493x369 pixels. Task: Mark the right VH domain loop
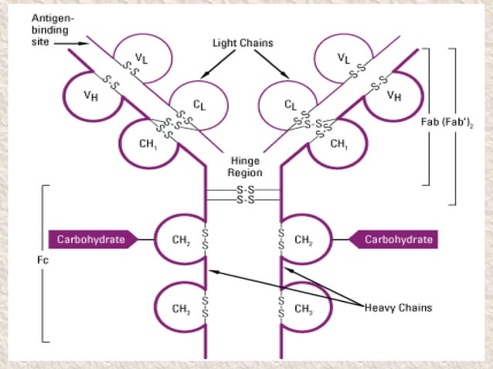coord(393,97)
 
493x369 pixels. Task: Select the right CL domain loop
coord(291,103)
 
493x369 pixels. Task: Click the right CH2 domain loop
coord(304,239)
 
